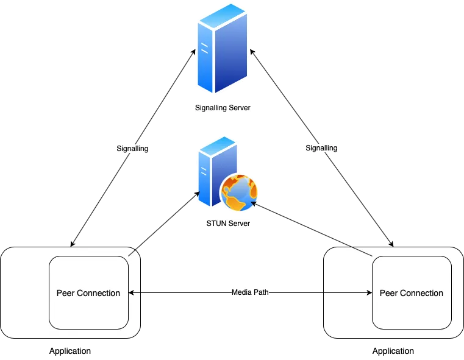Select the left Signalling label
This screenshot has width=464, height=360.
(x=132, y=148)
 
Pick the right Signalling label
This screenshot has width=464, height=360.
(x=321, y=148)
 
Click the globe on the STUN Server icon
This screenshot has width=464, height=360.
(x=239, y=191)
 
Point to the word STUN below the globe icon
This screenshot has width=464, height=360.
(x=216, y=224)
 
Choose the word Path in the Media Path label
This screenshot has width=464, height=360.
(x=261, y=292)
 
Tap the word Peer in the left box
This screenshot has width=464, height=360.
(x=65, y=293)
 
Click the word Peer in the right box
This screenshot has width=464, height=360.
(x=388, y=293)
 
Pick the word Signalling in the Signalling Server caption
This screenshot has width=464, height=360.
(x=210, y=108)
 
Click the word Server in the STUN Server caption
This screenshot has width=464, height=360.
(x=239, y=224)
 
